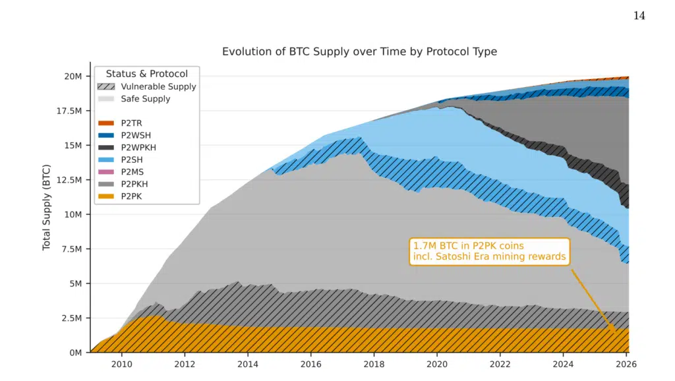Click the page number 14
point(639,16)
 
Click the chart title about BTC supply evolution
point(359,51)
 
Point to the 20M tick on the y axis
point(73,76)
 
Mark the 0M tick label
point(75,353)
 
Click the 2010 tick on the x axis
point(121,363)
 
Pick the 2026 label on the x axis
point(627,363)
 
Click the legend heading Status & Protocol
point(146,74)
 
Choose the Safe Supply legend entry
point(145,99)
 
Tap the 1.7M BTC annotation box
point(489,251)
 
